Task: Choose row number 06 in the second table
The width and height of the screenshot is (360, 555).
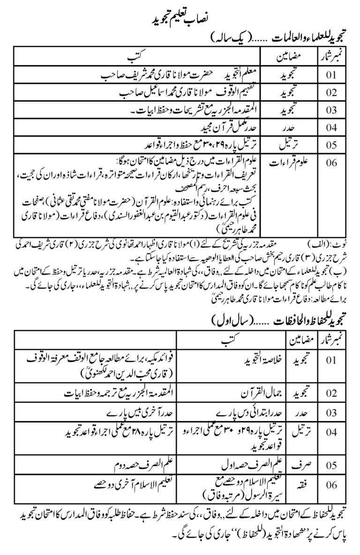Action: click(x=331, y=491)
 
